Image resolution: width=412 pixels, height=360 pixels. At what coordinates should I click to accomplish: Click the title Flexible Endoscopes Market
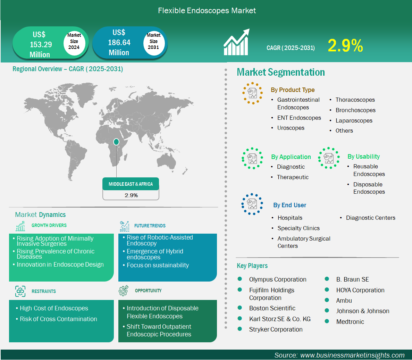207,10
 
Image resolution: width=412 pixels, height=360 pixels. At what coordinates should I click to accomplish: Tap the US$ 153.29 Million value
40,44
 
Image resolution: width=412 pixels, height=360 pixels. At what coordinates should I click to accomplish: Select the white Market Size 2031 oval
153,41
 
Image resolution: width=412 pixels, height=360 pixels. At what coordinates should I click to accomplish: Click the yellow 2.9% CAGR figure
345,45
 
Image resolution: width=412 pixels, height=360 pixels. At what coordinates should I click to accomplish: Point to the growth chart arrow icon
236,42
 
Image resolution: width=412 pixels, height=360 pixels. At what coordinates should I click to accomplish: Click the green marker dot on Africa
116,142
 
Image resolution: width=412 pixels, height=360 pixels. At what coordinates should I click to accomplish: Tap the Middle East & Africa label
131,184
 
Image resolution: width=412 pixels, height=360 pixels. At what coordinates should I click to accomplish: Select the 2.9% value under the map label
131,195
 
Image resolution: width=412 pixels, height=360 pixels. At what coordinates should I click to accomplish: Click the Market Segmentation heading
281,72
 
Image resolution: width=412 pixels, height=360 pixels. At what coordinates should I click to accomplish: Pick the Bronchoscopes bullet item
355,110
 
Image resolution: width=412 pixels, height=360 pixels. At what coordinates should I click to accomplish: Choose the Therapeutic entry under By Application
293,177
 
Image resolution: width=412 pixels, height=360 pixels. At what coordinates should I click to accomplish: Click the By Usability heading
363,157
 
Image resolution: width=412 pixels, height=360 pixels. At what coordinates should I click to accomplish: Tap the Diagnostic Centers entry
370,218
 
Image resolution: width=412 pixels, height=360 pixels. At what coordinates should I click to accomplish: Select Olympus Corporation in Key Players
278,279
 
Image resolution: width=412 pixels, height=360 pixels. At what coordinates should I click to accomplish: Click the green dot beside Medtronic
327,321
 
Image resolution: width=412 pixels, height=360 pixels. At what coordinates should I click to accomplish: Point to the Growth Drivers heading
49,225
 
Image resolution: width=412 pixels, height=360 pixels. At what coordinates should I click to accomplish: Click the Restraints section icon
20,291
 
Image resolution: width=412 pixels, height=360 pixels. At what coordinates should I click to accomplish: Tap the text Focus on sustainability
158,265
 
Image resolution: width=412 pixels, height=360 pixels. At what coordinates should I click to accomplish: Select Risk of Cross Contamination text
58,319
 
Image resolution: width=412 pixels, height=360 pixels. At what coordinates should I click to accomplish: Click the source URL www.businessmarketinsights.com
352,355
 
